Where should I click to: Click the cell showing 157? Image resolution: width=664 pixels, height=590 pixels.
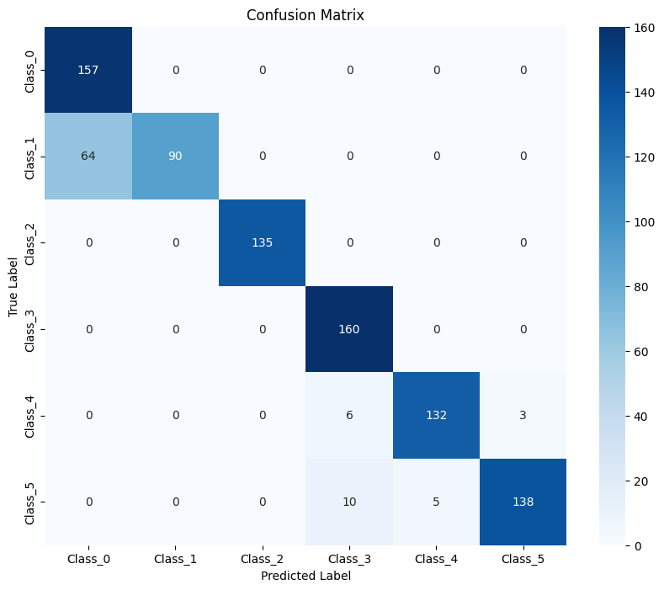(x=88, y=70)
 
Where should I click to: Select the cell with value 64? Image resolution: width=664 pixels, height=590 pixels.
(x=88, y=156)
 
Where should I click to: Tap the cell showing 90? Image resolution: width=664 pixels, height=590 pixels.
(x=175, y=156)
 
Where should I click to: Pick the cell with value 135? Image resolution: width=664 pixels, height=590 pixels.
(x=262, y=242)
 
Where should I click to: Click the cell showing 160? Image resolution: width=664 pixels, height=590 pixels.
(x=348, y=329)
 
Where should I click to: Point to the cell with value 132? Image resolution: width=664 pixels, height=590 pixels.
(x=435, y=415)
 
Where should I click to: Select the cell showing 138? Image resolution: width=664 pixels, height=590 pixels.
(x=522, y=502)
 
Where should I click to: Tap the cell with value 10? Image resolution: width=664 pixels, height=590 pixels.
(x=348, y=502)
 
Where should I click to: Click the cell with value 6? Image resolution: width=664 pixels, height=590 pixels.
(x=348, y=415)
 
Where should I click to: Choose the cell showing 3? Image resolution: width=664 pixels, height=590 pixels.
(x=522, y=415)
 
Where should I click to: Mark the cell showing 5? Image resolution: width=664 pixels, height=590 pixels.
(x=435, y=502)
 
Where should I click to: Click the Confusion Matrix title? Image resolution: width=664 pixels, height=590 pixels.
(x=305, y=15)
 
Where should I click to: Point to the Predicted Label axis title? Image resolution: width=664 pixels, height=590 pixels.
(x=305, y=577)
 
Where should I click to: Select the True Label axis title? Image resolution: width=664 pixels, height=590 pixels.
(x=14, y=286)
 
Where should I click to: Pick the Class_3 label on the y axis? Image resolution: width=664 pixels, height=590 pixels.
(x=31, y=329)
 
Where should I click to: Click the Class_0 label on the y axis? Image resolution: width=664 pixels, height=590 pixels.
(x=31, y=70)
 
